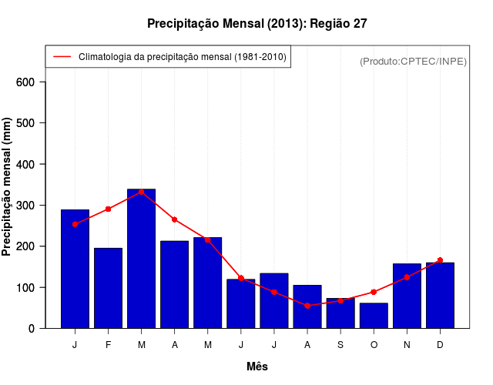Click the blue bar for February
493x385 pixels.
pos(108,288)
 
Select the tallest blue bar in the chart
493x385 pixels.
pos(141,258)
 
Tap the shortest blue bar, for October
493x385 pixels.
pos(374,316)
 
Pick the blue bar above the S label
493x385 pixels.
pos(340,313)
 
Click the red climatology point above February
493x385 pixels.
pos(108,209)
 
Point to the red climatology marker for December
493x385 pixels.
pos(440,260)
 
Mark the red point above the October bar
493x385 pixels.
pos(374,292)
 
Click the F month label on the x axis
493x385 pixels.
pos(108,345)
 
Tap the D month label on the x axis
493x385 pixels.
pos(440,345)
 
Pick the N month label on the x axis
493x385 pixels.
pos(407,345)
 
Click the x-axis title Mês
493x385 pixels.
pos(257,367)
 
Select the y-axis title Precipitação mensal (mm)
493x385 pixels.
pos(8,187)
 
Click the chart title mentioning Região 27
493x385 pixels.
pos(257,24)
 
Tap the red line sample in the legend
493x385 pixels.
pos(62,56)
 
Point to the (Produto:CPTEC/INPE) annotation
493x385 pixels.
pos(413,61)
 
